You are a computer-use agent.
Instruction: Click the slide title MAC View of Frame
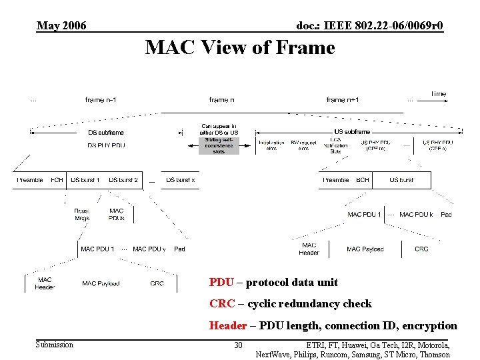(x=239, y=48)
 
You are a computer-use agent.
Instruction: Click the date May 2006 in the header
(x=61, y=26)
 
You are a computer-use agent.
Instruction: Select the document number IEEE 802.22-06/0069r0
(x=369, y=26)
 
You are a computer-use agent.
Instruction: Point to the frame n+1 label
(x=343, y=100)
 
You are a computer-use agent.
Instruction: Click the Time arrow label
(x=438, y=94)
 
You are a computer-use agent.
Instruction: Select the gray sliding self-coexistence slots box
(x=218, y=145)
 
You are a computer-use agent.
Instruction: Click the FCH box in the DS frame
(x=57, y=180)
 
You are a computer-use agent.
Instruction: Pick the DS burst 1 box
(x=85, y=180)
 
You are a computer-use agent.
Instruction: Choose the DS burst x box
(x=180, y=180)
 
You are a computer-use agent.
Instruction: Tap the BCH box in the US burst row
(x=363, y=180)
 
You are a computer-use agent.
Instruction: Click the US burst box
(x=401, y=180)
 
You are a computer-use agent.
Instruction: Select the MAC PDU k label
(x=416, y=215)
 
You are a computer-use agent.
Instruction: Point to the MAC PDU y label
(x=149, y=249)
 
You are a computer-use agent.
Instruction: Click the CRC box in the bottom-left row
(x=157, y=283)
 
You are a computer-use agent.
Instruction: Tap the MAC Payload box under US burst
(x=365, y=249)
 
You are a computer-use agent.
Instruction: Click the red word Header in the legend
(x=227, y=326)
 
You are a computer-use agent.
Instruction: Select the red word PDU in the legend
(x=221, y=283)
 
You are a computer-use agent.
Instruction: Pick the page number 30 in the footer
(x=238, y=345)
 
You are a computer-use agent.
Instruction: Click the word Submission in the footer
(x=55, y=345)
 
